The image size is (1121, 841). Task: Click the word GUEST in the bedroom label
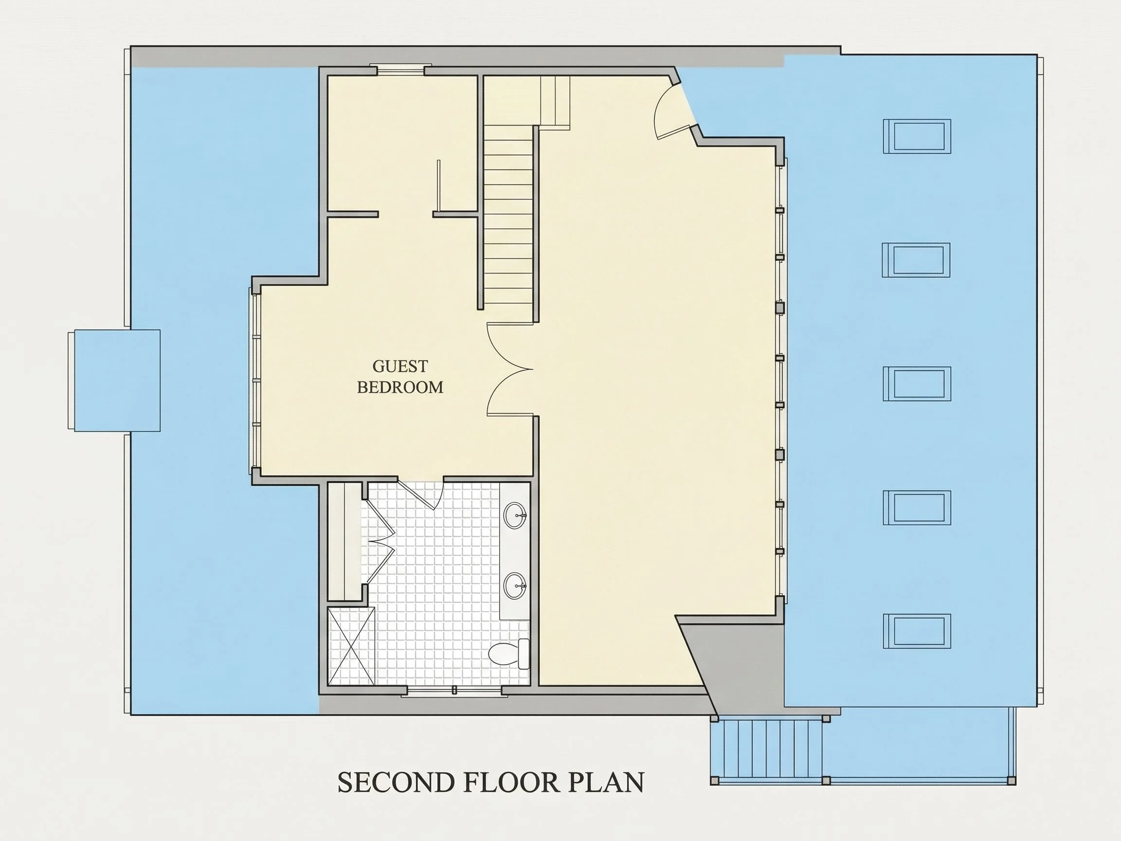tap(400, 366)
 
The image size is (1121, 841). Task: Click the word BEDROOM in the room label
tap(400, 387)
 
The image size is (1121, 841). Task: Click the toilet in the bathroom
tap(509, 654)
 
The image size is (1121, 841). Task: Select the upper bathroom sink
tap(515, 515)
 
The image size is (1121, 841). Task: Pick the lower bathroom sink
tap(515, 585)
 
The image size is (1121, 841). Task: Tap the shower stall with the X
tap(351, 646)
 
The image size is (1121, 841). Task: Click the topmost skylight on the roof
tap(917, 136)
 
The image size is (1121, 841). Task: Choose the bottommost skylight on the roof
tap(917, 631)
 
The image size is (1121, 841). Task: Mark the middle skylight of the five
tap(917, 384)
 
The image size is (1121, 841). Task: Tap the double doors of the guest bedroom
tap(510, 369)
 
